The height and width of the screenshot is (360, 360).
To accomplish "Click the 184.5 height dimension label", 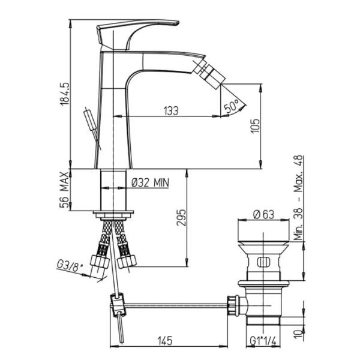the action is (x=65, y=94).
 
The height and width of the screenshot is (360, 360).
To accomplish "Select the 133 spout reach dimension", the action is (x=171, y=110).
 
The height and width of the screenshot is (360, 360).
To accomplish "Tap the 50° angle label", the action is (x=232, y=106).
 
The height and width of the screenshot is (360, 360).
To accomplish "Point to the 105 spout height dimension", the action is (x=256, y=125).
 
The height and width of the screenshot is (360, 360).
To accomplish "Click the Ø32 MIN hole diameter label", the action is (x=151, y=182).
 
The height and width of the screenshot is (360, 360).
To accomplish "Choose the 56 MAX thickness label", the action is (x=64, y=190).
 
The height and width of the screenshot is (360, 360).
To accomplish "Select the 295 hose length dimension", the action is (x=181, y=217).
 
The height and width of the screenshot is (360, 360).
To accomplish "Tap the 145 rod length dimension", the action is (x=165, y=341).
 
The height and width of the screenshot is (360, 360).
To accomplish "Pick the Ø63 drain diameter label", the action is (x=263, y=215).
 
